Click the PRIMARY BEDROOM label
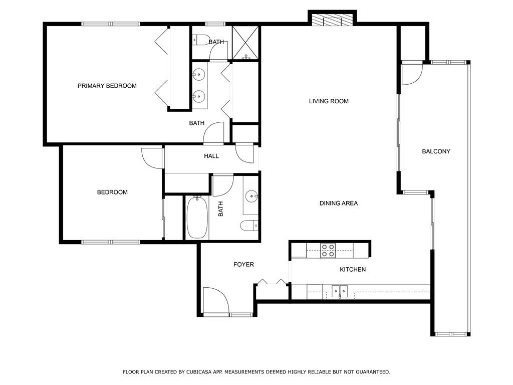click(107, 86)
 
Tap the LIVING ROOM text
click(329, 101)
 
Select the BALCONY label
click(436, 151)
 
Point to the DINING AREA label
click(339, 204)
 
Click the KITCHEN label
click(353, 269)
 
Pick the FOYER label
click(244, 264)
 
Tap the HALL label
click(211, 156)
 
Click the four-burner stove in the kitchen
click(328, 251)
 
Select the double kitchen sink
click(340, 291)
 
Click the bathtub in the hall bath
click(197, 218)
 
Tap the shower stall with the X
click(245, 43)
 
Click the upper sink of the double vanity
click(198, 75)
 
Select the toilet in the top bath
click(200, 40)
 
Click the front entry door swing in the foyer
click(216, 300)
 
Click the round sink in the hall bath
click(252, 197)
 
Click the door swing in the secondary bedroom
click(152, 158)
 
